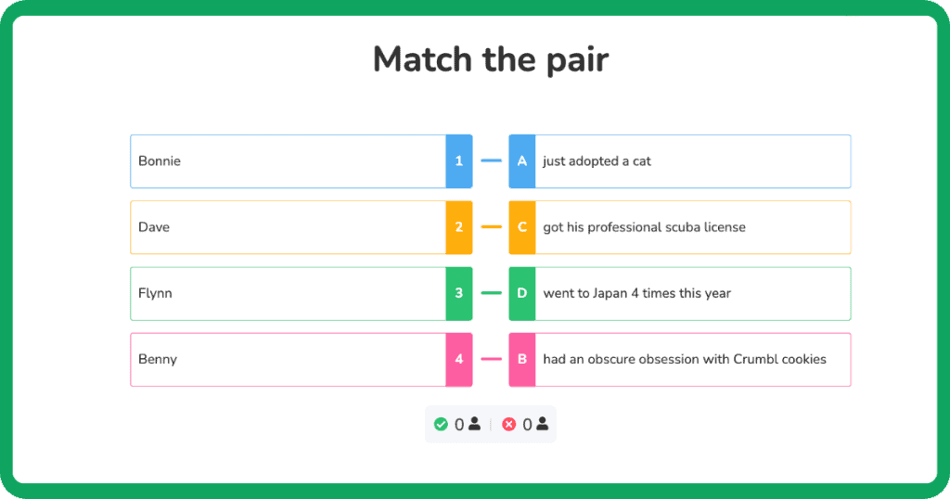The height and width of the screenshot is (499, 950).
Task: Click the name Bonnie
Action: tap(160, 161)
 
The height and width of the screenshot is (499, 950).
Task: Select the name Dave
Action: tap(154, 227)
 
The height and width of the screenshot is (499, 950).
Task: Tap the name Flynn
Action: tap(155, 293)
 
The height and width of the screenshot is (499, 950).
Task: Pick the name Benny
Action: tap(158, 359)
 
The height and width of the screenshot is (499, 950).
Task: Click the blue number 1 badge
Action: tap(458, 161)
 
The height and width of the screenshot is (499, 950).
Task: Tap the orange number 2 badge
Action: tap(458, 227)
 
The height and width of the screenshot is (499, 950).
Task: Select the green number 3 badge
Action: tap(458, 293)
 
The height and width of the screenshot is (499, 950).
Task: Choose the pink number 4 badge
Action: tap(458, 359)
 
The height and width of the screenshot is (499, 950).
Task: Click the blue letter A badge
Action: tap(522, 161)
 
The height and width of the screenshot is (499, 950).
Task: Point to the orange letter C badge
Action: tap(522, 227)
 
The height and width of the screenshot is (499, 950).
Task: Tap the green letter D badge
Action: tap(522, 293)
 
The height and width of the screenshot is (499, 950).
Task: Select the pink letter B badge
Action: tap(522, 359)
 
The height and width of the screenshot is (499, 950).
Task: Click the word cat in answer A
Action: tap(642, 161)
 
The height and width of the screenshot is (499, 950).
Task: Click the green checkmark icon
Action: tap(441, 425)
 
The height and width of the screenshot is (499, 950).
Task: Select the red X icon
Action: tap(508, 425)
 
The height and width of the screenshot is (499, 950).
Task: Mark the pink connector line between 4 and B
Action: tap(491, 359)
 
